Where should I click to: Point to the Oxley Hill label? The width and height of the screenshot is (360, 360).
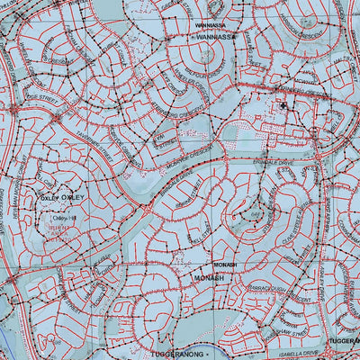pos(65,217)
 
